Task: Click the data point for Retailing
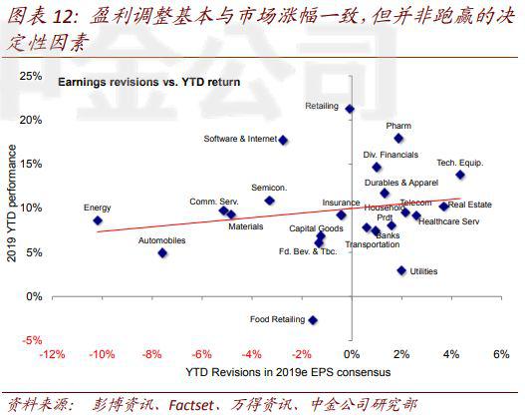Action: (350, 109)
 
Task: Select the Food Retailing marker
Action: (313, 319)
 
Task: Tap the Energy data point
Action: (98, 220)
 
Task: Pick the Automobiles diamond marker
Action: (162, 252)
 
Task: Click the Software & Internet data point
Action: (284, 140)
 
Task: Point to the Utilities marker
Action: (401, 270)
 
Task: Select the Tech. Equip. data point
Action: (460, 175)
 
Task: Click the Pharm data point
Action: (398, 138)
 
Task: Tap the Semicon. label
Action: (269, 188)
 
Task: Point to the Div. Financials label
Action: (391, 155)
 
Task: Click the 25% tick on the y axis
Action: (30, 76)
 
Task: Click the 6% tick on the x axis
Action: (501, 354)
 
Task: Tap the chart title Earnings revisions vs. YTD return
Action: (148, 82)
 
